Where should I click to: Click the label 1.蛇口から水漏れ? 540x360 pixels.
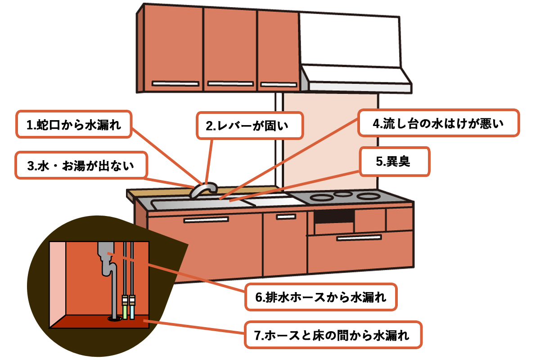point(74,124)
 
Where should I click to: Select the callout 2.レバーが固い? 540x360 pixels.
point(250,126)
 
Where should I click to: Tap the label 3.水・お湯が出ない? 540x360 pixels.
point(81,166)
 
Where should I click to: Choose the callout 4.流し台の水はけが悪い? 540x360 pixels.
point(439,122)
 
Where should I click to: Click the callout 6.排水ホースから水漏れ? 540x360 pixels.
point(321,297)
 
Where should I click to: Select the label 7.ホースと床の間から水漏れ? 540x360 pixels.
point(333,335)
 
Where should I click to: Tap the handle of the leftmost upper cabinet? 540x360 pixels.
point(175,83)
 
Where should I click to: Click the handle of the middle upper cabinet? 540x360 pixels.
point(230,84)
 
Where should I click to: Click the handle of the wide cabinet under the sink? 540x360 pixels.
point(206,220)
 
